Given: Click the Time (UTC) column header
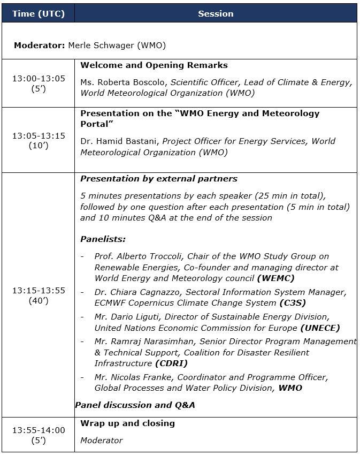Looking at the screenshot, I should (x=39, y=13).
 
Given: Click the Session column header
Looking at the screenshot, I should (x=216, y=13).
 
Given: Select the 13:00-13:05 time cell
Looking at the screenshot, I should (x=39, y=78).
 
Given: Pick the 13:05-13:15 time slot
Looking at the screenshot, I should (x=39, y=135).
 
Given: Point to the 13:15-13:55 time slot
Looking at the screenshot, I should (x=39, y=290).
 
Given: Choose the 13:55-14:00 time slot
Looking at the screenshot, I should (x=39, y=430).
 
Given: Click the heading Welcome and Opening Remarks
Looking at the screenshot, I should (x=154, y=65).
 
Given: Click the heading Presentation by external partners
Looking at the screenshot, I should (x=159, y=179).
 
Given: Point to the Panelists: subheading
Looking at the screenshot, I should (x=103, y=239).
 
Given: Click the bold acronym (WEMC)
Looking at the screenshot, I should (x=275, y=278).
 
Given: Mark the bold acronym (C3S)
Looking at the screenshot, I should (x=293, y=303).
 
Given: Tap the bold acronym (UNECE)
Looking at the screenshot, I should (x=320, y=328).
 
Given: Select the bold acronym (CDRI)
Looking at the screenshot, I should (x=171, y=363).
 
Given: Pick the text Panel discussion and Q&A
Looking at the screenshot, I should (x=135, y=405).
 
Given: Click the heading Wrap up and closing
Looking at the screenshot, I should (x=128, y=423).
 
